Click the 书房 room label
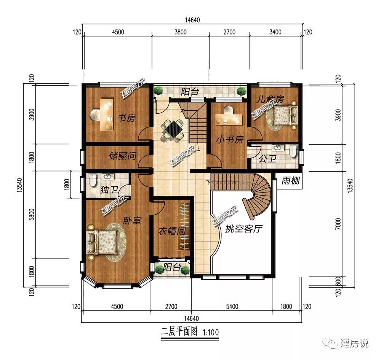pyautogui.click(x=126, y=118)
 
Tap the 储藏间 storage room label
pyautogui.click(x=123, y=156)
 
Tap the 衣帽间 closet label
pyautogui.click(x=172, y=231)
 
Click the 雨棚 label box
pyautogui.click(x=291, y=181)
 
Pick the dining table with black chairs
pyautogui.click(x=173, y=129)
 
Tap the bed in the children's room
pyautogui.click(x=284, y=115)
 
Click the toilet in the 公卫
pyautogui.click(x=293, y=152)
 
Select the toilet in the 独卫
pyautogui.click(x=91, y=180)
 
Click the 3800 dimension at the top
pyautogui.click(x=180, y=32)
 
